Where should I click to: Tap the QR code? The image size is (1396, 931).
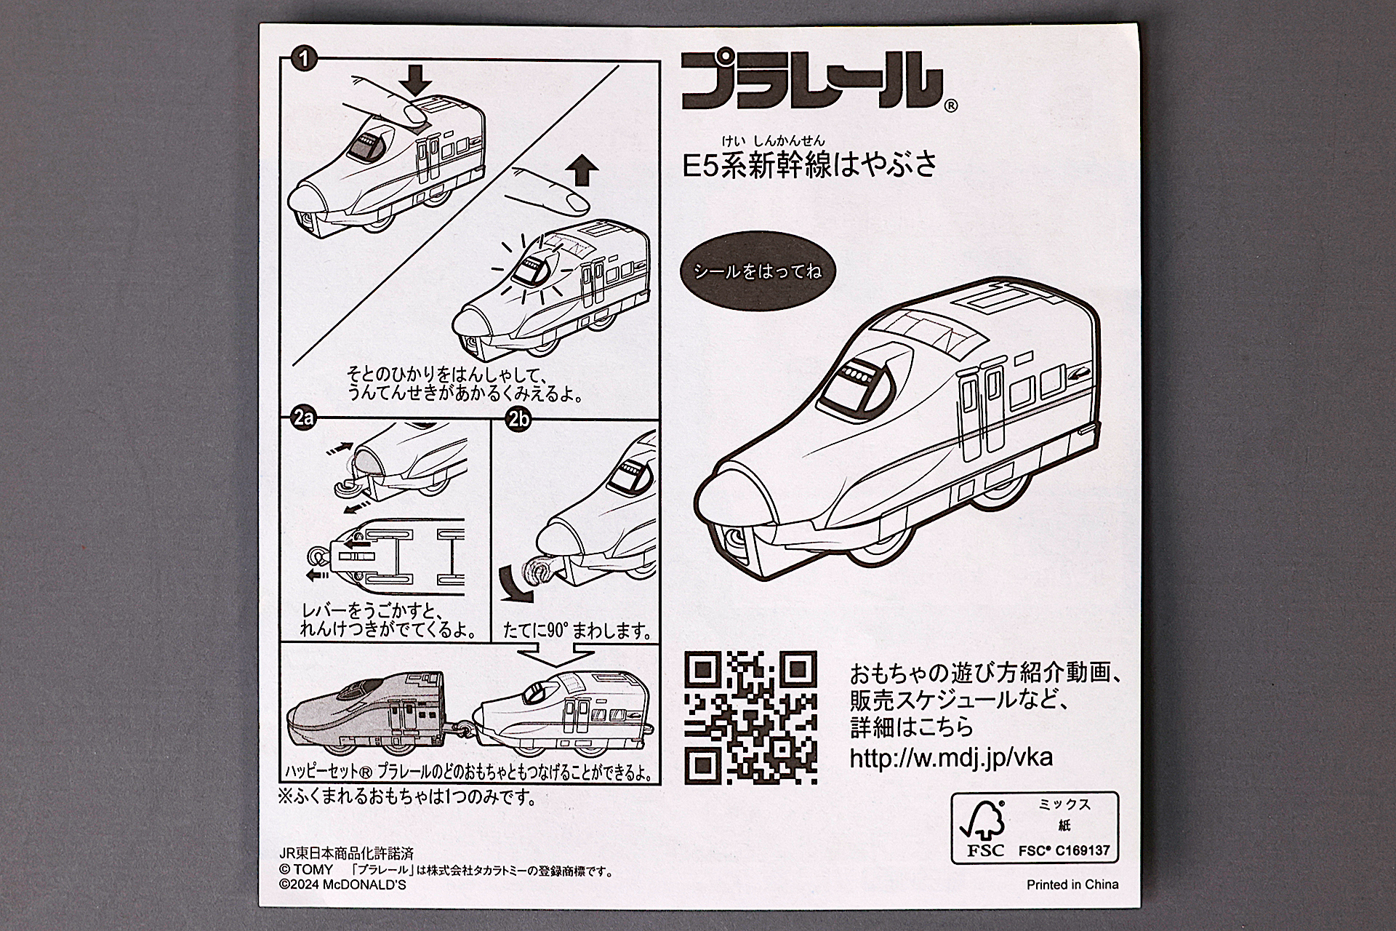(x=751, y=717)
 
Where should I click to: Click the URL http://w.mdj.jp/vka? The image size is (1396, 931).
(x=951, y=758)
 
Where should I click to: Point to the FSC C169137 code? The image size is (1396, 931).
(x=1064, y=850)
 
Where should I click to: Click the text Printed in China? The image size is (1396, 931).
(x=1072, y=884)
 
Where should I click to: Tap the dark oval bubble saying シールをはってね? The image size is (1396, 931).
(x=757, y=272)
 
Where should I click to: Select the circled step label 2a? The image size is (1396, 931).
(x=303, y=418)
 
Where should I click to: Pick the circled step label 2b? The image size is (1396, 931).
(x=518, y=420)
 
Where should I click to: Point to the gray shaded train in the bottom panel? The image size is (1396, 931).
(x=364, y=716)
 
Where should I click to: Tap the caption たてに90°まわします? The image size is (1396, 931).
(x=577, y=631)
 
